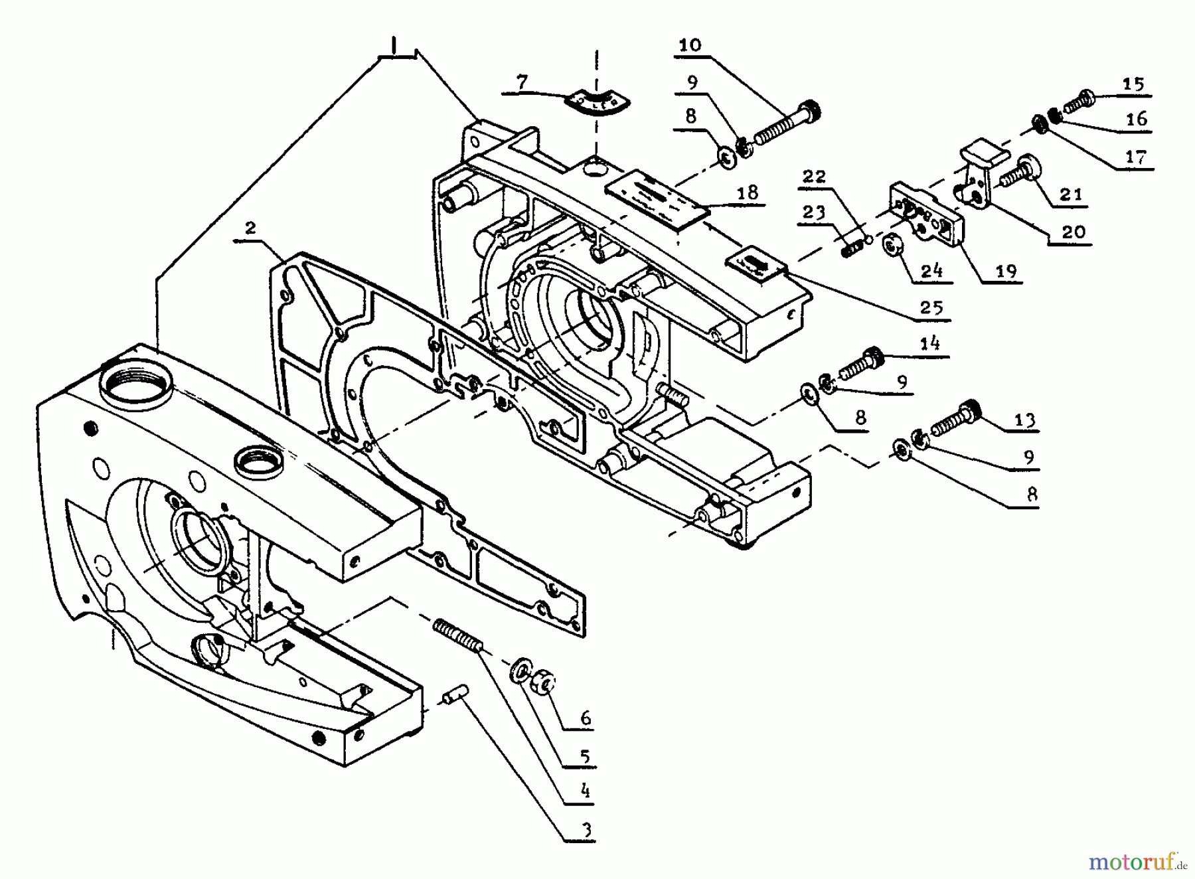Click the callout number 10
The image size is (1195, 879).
tap(690, 45)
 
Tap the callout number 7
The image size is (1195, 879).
tap(522, 83)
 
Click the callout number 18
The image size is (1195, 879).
tap(748, 193)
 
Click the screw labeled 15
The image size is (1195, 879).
tap(1078, 102)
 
